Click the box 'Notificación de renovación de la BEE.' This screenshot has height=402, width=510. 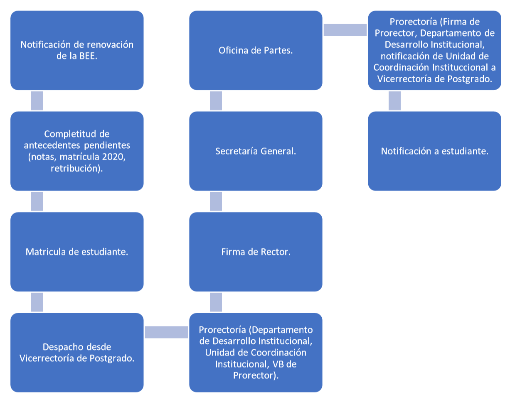tap(77, 50)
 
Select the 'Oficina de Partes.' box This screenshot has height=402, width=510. tap(256, 50)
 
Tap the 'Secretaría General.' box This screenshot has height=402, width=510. tap(256, 151)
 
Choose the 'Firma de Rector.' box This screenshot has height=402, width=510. tap(256, 252)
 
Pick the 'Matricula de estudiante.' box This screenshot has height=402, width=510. tap(77, 252)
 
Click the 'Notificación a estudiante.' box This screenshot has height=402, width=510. tap(434, 151)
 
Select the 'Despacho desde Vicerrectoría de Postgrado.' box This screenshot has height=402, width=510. tap(77, 353)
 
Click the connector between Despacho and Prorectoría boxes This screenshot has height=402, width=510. tap(166, 332)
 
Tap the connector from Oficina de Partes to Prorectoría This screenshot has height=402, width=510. tap(345, 30)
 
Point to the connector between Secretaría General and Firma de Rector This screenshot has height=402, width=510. tap(216, 201)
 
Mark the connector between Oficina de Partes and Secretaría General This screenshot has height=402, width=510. tap(216, 100)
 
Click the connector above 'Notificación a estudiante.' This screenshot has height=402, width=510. tap(394, 100)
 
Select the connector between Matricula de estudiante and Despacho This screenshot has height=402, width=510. tap(37, 302)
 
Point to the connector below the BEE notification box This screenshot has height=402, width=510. tap(37, 100)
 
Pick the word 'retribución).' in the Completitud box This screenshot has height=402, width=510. tap(77, 169)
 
